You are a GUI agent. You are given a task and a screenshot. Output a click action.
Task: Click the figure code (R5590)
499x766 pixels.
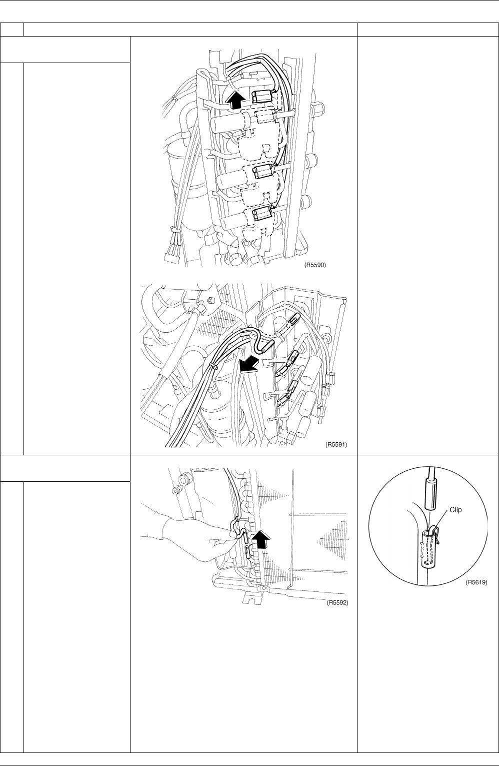315,265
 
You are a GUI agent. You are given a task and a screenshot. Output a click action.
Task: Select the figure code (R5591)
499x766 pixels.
336,445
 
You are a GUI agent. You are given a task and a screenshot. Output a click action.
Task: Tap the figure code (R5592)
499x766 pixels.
337,602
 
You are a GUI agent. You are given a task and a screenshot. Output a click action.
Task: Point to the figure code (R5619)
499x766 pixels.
476,582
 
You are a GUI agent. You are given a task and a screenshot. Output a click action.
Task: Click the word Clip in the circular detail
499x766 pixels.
455,510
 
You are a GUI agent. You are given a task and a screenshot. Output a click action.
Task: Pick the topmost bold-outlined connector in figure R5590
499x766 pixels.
262,97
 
